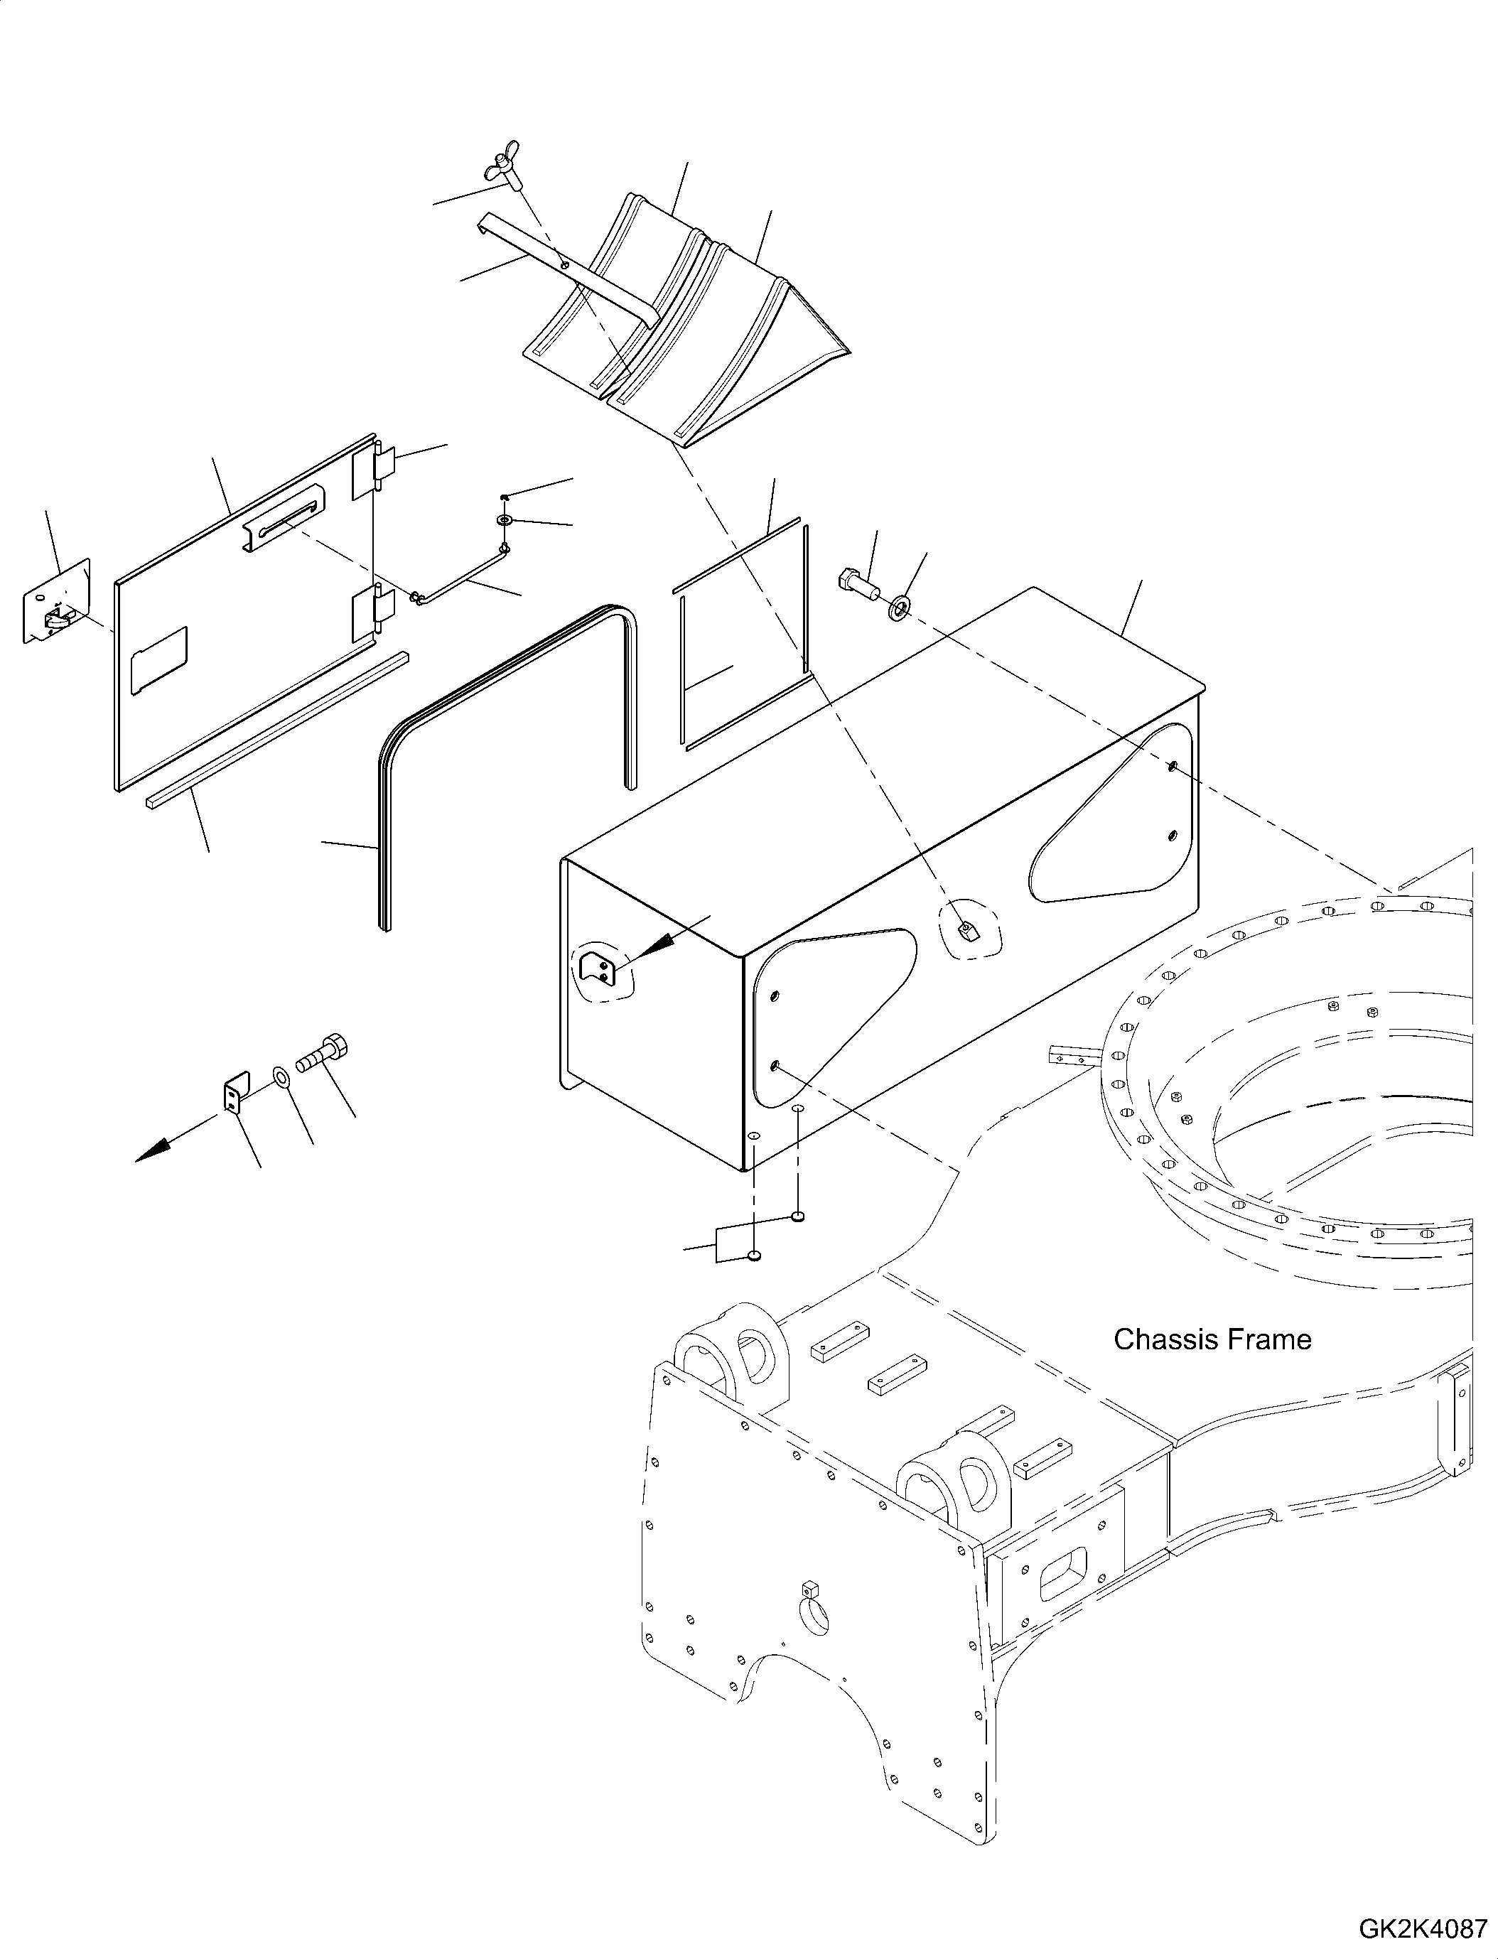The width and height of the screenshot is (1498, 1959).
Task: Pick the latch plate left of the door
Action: pyautogui.click(x=57, y=602)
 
